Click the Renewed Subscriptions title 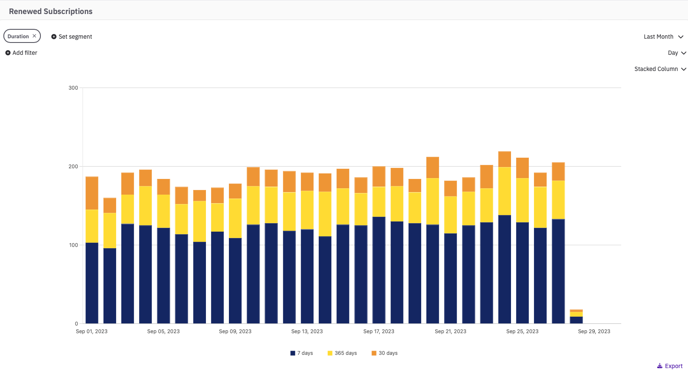[51, 11]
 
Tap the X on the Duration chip [34, 36]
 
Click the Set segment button [71, 37]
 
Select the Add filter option [21, 53]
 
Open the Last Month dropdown [663, 37]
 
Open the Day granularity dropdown [677, 53]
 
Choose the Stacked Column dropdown [660, 69]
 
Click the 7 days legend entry [302, 353]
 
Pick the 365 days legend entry [342, 353]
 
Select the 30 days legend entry [385, 353]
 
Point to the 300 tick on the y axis [73, 88]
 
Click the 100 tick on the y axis [73, 245]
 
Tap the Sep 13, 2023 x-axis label [307, 331]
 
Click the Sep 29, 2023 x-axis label [594, 331]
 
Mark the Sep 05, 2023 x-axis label [163, 331]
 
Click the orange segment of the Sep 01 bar [92, 193]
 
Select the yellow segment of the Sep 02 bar [110, 230]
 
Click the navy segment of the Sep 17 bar [379, 270]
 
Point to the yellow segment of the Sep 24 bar [505, 191]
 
